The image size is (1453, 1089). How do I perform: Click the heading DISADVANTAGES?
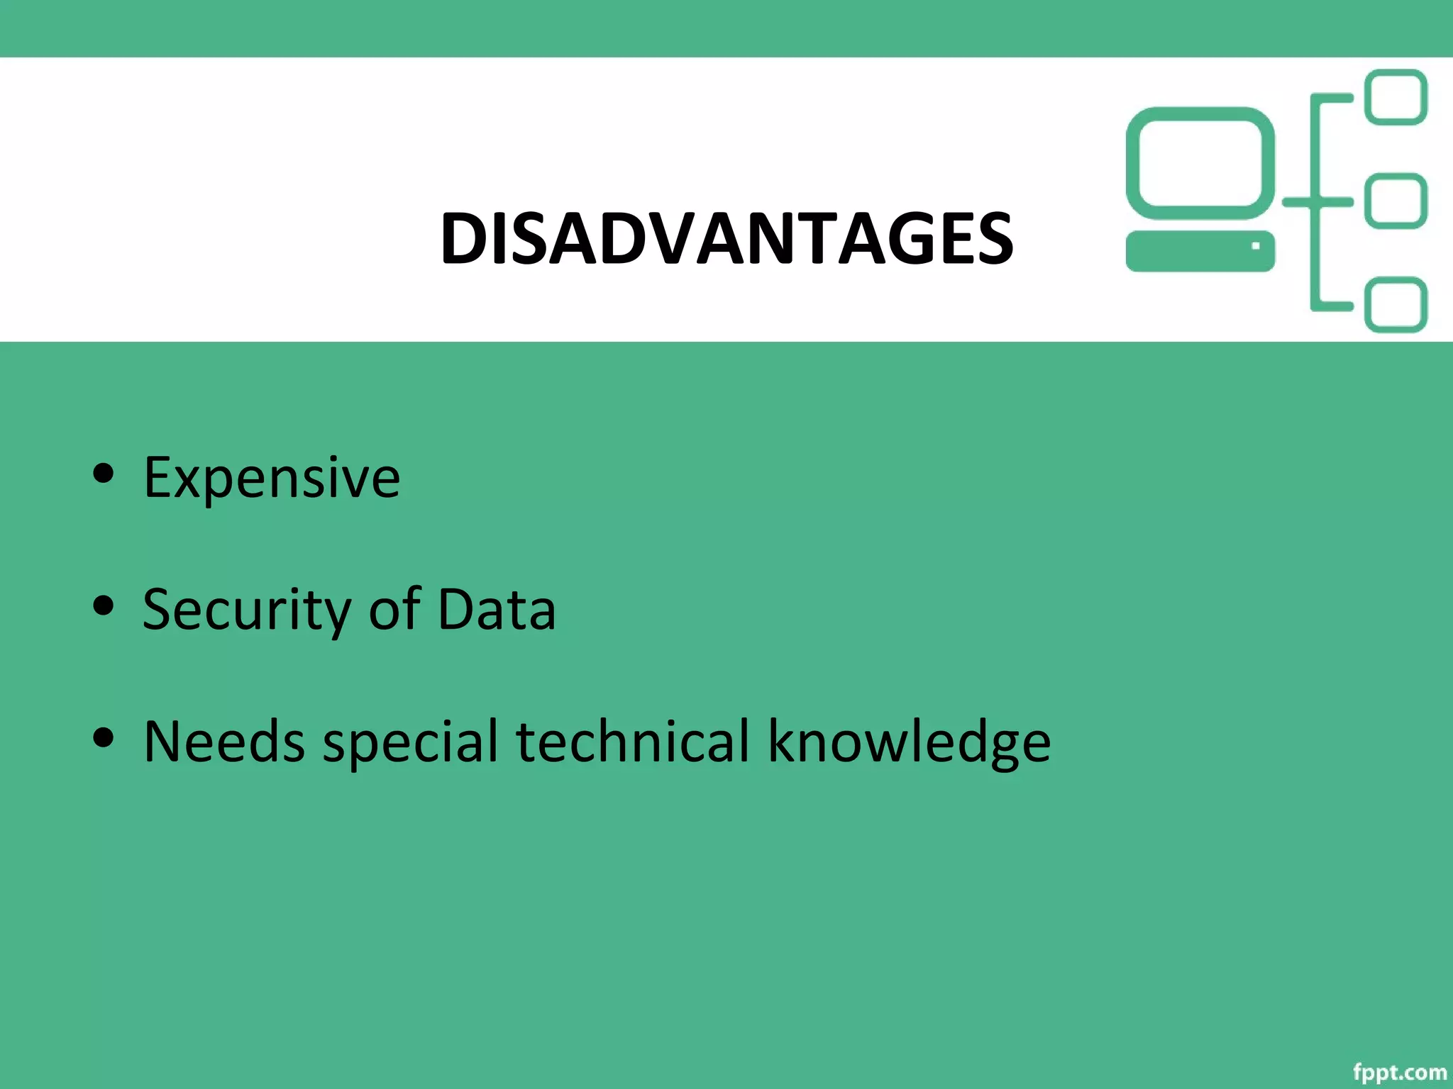(x=726, y=239)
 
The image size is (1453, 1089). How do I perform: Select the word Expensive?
(x=272, y=478)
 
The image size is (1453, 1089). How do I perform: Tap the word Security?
(x=246, y=610)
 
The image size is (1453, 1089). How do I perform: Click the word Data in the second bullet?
(x=497, y=610)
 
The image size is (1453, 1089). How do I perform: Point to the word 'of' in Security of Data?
(x=394, y=610)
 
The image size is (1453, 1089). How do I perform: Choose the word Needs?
(x=224, y=742)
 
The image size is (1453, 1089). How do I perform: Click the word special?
(x=411, y=742)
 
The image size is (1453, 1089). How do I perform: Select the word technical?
(x=632, y=742)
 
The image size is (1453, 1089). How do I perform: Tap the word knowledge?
(x=909, y=742)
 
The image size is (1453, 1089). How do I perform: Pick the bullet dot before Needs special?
(x=104, y=737)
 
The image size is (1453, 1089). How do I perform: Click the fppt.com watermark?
(x=1399, y=1072)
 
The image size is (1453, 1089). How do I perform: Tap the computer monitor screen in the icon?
(x=1200, y=163)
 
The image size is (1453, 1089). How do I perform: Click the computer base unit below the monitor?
(x=1200, y=251)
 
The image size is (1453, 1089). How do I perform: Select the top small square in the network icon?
(x=1396, y=97)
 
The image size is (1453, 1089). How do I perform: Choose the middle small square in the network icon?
(x=1396, y=201)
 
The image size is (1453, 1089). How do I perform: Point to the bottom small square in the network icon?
(x=1396, y=305)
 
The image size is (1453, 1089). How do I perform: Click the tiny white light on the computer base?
(x=1256, y=246)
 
